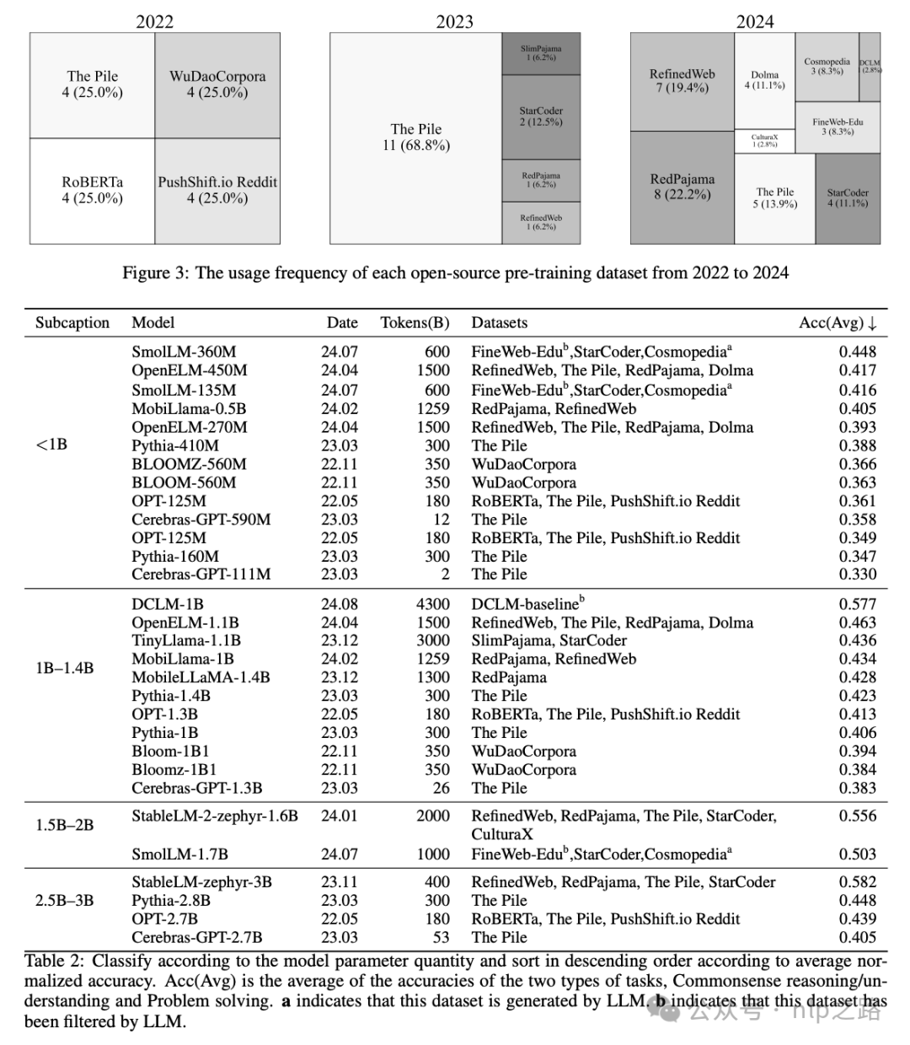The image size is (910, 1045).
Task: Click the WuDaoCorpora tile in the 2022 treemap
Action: pos(217,84)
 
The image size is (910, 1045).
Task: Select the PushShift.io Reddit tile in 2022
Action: pos(217,191)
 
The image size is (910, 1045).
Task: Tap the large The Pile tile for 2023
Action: pos(415,137)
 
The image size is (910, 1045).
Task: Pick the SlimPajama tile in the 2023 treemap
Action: pos(540,53)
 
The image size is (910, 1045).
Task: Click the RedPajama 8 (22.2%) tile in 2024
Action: pos(682,187)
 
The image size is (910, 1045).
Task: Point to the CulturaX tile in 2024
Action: pos(764,140)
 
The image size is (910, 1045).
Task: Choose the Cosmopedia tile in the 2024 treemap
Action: pos(827,66)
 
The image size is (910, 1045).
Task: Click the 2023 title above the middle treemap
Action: pos(454,22)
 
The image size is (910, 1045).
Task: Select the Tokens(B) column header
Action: pos(415,323)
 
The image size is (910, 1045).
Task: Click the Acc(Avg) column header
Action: pos(838,323)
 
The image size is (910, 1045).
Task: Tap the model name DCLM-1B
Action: pos(168,604)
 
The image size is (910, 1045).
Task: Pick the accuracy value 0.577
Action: pos(857,604)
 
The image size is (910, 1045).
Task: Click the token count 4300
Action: pos(433,604)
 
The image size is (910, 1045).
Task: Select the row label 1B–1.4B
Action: pos(65,668)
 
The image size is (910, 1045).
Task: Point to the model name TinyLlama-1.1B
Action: pos(186,641)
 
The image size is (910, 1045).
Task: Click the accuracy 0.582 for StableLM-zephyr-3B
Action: pos(857,882)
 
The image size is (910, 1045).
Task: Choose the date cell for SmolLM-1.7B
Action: pos(339,854)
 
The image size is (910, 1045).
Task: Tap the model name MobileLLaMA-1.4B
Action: pos(201,677)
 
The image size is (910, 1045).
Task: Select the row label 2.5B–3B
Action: pos(65,901)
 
